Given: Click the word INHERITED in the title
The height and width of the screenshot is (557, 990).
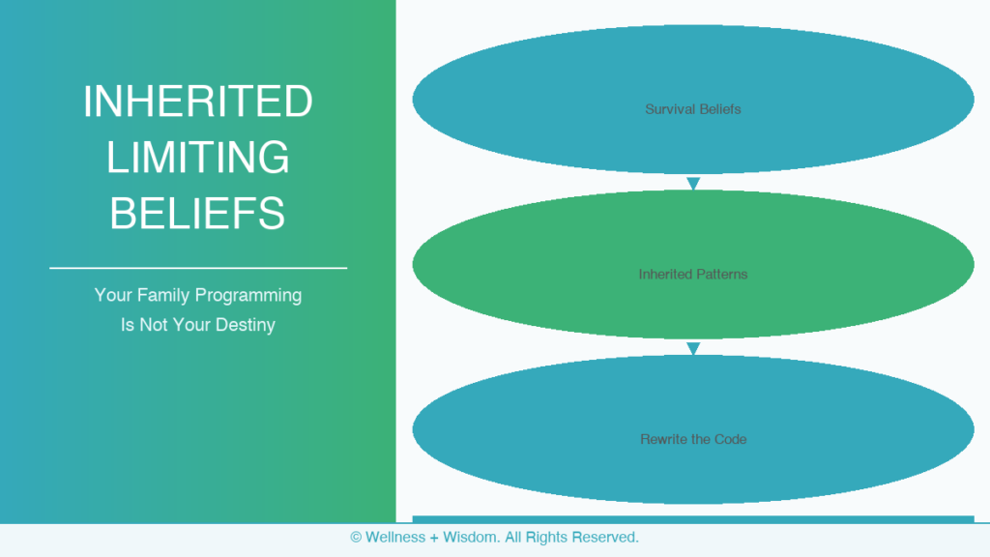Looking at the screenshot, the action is pyautogui.click(x=197, y=101).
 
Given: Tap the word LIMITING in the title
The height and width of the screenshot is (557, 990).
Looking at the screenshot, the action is pyautogui.click(x=197, y=158).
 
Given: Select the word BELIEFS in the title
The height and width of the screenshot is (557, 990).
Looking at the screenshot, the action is pyautogui.click(x=197, y=213).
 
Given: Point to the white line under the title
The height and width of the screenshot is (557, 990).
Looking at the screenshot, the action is pyautogui.click(x=198, y=268).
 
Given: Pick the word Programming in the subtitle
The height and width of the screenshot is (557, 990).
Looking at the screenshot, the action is pyautogui.click(x=248, y=296).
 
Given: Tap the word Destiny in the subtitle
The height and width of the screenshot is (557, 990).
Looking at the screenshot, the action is pyautogui.click(x=245, y=325).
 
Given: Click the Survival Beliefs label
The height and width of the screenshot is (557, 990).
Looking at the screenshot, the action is pyautogui.click(x=692, y=109).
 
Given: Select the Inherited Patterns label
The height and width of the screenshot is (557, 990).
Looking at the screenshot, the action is pyautogui.click(x=692, y=274).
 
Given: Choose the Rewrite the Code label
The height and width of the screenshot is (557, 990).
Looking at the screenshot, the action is pyautogui.click(x=693, y=439).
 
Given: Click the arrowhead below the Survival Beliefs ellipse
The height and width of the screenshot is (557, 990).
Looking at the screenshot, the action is pyautogui.click(x=693, y=184).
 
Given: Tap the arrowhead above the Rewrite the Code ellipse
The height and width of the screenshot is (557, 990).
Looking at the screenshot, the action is pyautogui.click(x=693, y=348).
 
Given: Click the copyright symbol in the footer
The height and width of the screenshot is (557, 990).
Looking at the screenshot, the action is pyautogui.click(x=356, y=538).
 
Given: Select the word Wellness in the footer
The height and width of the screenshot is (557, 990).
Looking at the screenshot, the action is pyautogui.click(x=395, y=538).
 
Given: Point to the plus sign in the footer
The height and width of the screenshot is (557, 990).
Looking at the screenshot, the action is pyautogui.click(x=434, y=538).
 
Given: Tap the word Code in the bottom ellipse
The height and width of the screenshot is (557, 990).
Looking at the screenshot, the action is pyautogui.click(x=731, y=439).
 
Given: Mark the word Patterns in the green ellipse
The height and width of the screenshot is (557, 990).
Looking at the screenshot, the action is pyautogui.click(x=720, y=274).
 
